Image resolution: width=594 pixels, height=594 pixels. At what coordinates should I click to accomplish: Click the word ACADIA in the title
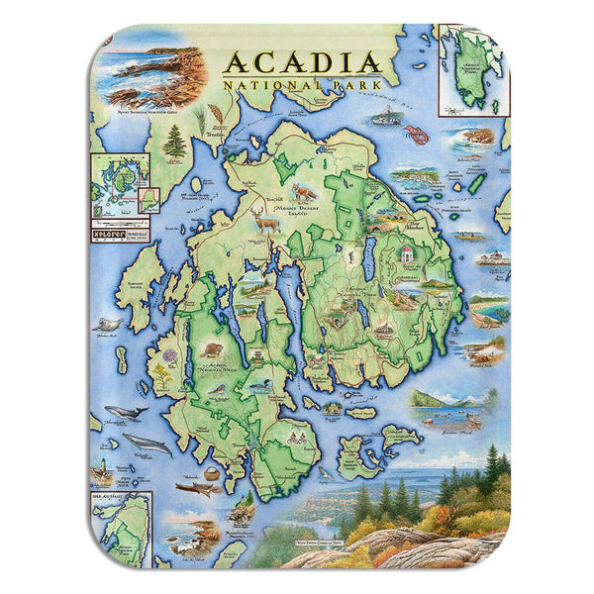pyautogui.click(x=302, y=62)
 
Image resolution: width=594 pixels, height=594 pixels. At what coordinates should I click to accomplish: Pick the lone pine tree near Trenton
pyautogui.click(x=175, y=144)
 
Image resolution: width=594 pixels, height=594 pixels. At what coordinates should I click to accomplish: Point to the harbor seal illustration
pyautogui.click(x=105, y=324)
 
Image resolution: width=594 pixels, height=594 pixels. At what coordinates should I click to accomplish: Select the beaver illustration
pyautogui.click(x=211, y=349)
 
